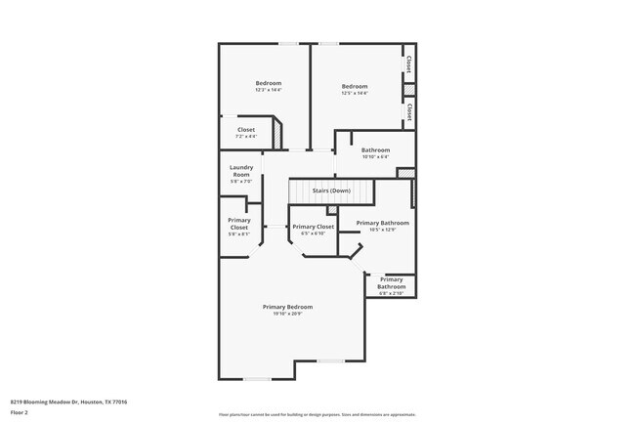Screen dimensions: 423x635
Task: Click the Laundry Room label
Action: coord(240,171)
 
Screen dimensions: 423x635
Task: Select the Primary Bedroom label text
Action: coord(287,307)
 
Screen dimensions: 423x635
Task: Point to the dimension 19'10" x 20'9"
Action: coord(287,314)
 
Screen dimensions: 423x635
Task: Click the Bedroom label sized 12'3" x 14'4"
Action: coord(269,83)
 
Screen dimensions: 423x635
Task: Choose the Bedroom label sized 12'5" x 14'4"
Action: coord(355,87)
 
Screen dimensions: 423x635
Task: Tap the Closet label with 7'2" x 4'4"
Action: coord(246,130)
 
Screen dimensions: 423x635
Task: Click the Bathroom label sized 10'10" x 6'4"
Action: coord(375,149)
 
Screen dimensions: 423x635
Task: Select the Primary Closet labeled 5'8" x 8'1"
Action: coord(238,224)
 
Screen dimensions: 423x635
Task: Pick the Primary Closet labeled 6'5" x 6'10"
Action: coord(313,227)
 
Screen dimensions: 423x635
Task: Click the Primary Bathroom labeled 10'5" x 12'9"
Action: coord(382,223)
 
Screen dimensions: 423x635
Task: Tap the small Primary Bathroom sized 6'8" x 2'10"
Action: coord(391,282)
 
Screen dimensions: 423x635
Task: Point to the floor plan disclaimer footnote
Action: coord(317,414)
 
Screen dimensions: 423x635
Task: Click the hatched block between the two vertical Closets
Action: coord(408,90)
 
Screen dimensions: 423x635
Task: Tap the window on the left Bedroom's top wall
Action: coord(288,43)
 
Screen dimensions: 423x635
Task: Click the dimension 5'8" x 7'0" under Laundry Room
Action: coord(240,182)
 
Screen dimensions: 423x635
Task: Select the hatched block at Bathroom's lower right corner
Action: coord(405,173)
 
